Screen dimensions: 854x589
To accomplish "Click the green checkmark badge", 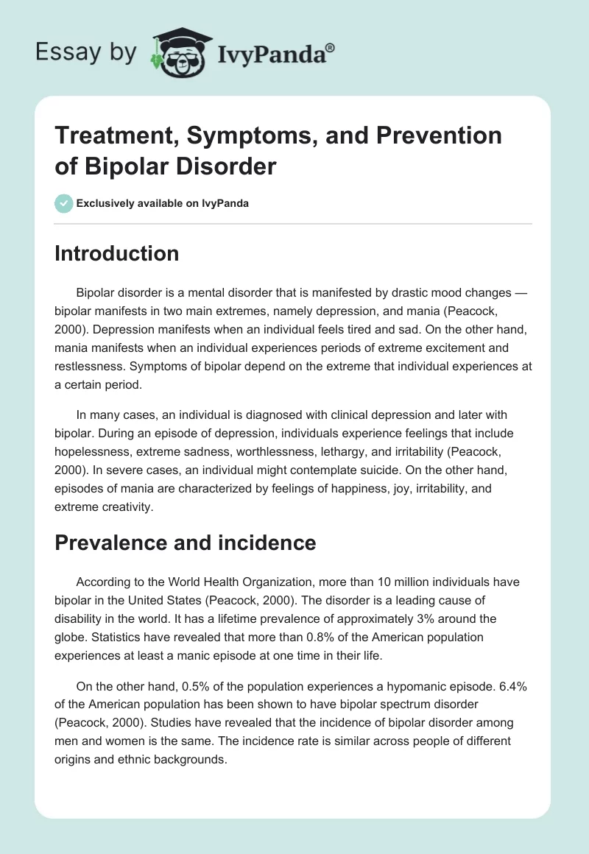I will click(x=64, y=203).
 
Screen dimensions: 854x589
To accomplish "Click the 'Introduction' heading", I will click(x=116, y=253).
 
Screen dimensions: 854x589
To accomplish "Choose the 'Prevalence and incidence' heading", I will click(x=186, y=543).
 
